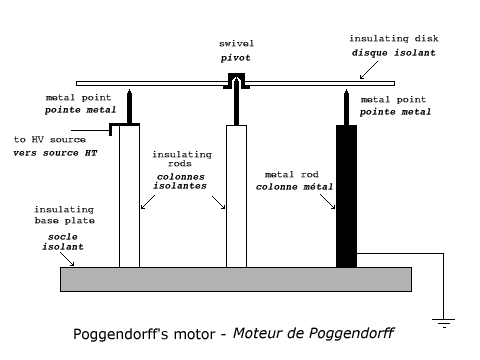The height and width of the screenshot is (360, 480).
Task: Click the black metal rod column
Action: [346, 196]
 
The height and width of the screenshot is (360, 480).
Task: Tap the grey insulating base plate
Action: [236, 279]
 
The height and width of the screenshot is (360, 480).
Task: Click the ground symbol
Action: [444, 323]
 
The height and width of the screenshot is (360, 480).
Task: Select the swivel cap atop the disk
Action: [236, 81]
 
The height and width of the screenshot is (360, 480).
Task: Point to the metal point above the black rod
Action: [346, 107]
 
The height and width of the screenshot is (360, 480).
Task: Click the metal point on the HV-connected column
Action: [129, 106]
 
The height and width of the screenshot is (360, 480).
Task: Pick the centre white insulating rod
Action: [236, 196]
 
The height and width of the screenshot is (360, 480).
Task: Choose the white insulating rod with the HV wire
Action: [129, 196]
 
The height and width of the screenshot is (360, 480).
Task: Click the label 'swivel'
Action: [236, 44]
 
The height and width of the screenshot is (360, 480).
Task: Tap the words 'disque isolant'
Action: [394, 53]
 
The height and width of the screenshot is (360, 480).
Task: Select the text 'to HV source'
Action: [50, 139]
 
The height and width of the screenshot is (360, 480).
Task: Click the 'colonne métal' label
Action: [294, 187]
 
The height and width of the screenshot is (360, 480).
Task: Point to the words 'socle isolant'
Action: [63, 242]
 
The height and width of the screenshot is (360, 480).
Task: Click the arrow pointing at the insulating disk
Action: [369, 70]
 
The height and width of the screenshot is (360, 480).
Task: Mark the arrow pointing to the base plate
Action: [67, 259]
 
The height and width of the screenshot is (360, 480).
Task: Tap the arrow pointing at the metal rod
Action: [327, 201]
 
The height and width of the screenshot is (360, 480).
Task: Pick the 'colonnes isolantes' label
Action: [180, 181]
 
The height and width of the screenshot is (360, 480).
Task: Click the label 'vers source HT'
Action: [55, 153]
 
